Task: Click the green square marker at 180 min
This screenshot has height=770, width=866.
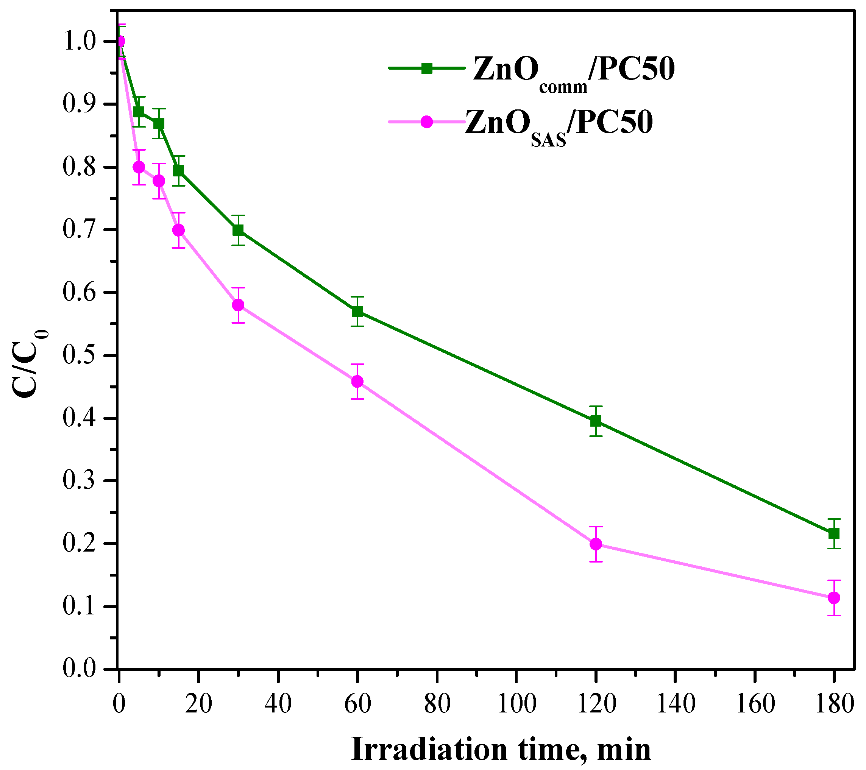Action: tap(834, 534)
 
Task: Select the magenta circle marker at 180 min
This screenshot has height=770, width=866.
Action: tap(834, 598)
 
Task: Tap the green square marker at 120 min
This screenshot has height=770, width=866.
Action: tap(596, 421)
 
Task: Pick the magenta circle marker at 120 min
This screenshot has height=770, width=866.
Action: tap(596, 544)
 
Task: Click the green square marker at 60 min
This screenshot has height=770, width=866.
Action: tap(357, 312)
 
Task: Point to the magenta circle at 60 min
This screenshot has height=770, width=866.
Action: tap(357, 382)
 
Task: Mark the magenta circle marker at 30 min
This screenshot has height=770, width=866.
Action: tap(238, 305)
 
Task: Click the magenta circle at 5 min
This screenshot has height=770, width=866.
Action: tap(139, 167)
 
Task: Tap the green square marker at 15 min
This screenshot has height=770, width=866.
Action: tap(179, 171)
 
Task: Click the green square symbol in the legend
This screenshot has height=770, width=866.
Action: tap(427, 68)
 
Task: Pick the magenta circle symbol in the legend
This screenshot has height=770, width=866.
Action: tap(427, 122)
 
